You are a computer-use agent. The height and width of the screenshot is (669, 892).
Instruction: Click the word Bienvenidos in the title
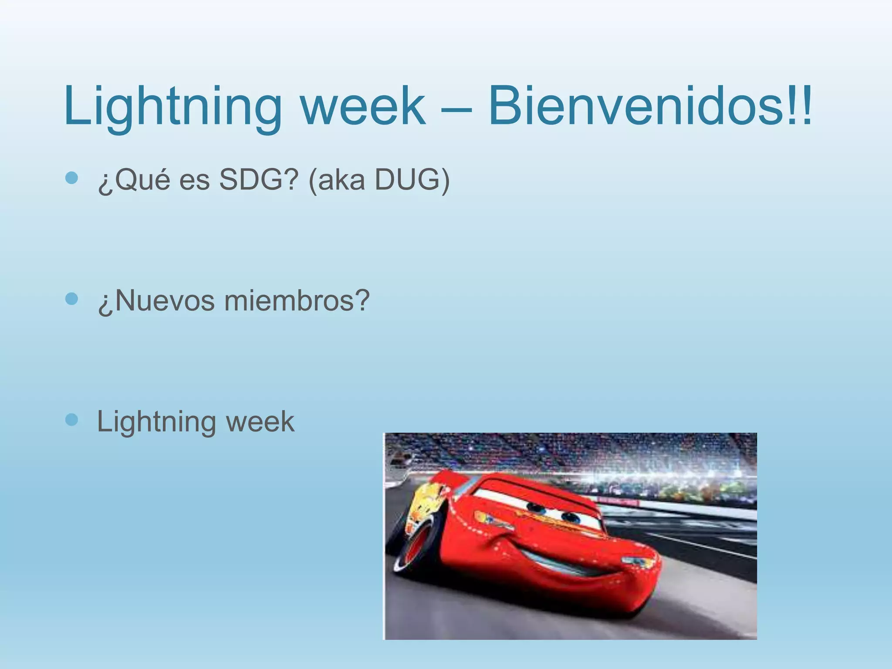click(x=634, y=106)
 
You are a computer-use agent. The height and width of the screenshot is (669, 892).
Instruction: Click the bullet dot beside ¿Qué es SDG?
click(x=71, y=178)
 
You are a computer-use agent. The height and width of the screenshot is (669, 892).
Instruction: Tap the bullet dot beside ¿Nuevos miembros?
click(x=71, y=299)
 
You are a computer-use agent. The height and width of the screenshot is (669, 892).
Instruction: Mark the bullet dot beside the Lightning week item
click(x=71, y=419)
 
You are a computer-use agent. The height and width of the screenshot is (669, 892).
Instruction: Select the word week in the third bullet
click(x=260, y=422)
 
